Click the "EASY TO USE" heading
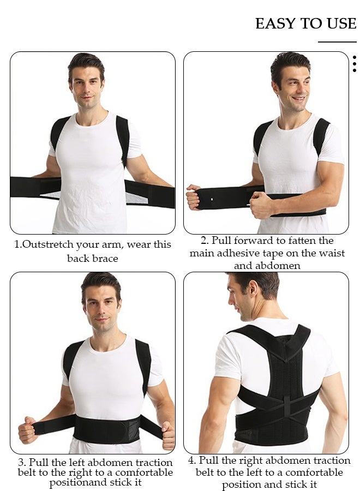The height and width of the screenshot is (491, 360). pos(305,24)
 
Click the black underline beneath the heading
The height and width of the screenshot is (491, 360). pos(337,42)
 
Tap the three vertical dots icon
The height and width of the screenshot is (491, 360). pos(355,64)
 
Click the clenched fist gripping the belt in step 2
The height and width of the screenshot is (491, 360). pos(261,205)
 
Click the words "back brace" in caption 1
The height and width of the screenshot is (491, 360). pos(93,258)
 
